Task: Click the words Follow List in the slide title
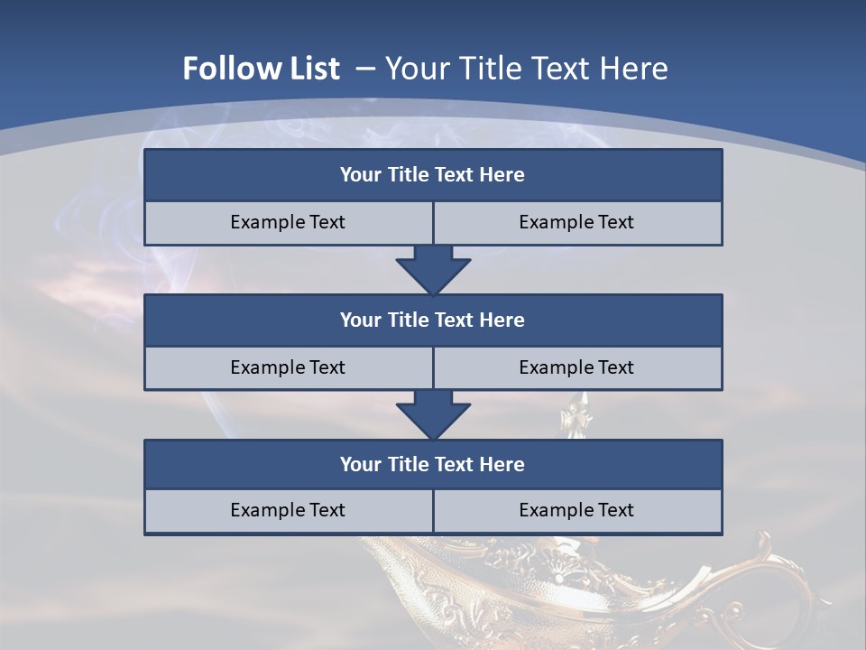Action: click(261, 69)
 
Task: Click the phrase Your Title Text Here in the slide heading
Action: click(526, 69)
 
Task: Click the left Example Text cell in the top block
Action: click(288, 222)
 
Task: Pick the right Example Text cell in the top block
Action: click(576, 222)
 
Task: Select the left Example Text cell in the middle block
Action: click(288, 367)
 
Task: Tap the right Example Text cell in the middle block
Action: click(576, 367)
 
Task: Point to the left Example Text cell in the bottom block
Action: click(288, 510)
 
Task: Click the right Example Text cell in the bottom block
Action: click(576, 510)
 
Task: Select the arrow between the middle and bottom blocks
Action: click(433, 414)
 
